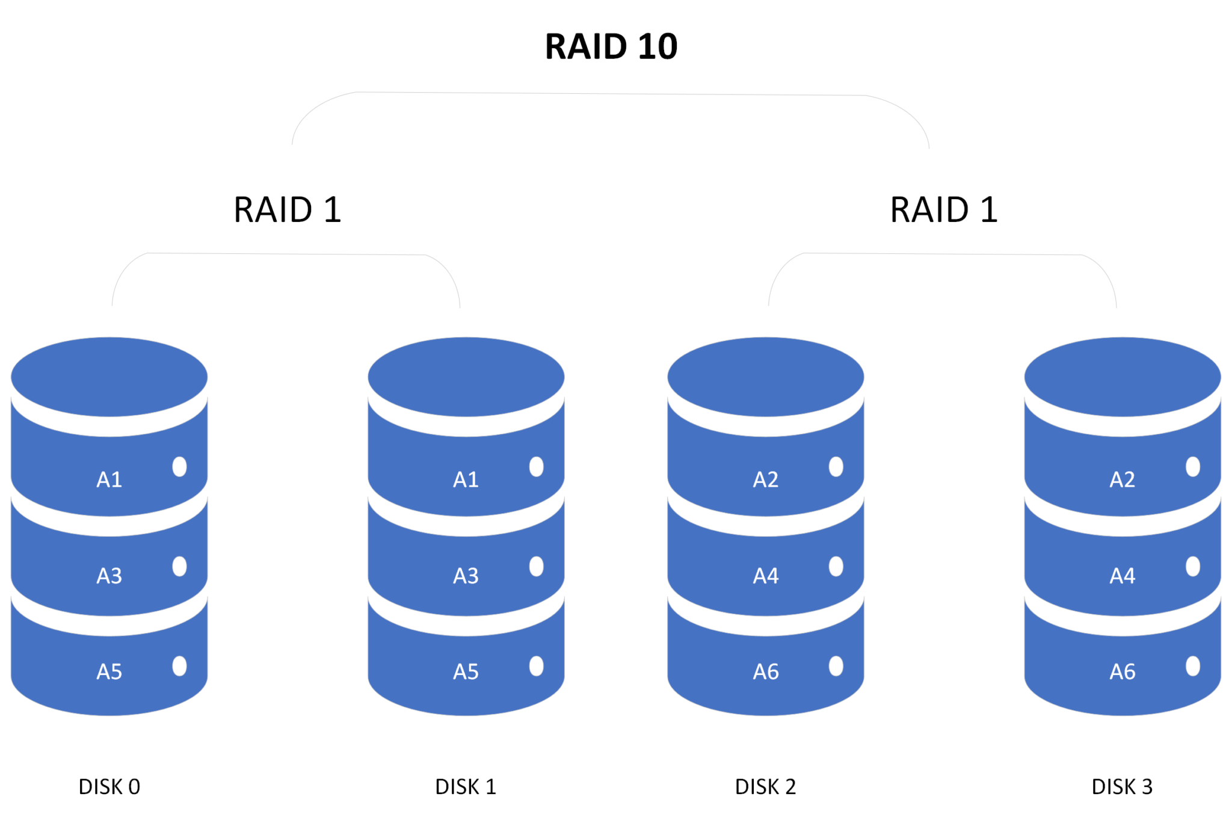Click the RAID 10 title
tap(611, 46)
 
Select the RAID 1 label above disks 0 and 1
tap(288, 210)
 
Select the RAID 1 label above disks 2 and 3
tap(943, 210)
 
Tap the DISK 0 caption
tap(109, 786)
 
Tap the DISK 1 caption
tap(466, 786)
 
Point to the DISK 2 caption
tap(765, 786)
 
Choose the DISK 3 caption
tap(1122, 786)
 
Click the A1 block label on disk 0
tap(109, 479)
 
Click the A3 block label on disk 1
tap(466, 576)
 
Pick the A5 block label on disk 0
tap(109, 671)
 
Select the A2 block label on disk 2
tap(766, 479)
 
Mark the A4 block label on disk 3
tap(1123, 576)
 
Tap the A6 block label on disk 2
tap(766, 671)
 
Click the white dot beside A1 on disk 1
tap(537, 466)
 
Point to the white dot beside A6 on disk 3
tap(1193, 666)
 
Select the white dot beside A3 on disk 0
tap(179, 566)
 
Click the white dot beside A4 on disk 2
tap(836, 566)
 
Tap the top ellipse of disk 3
tap(1123, 377)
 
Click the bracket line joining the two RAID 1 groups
tap(611, 94)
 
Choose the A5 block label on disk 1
tap(466, 671)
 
